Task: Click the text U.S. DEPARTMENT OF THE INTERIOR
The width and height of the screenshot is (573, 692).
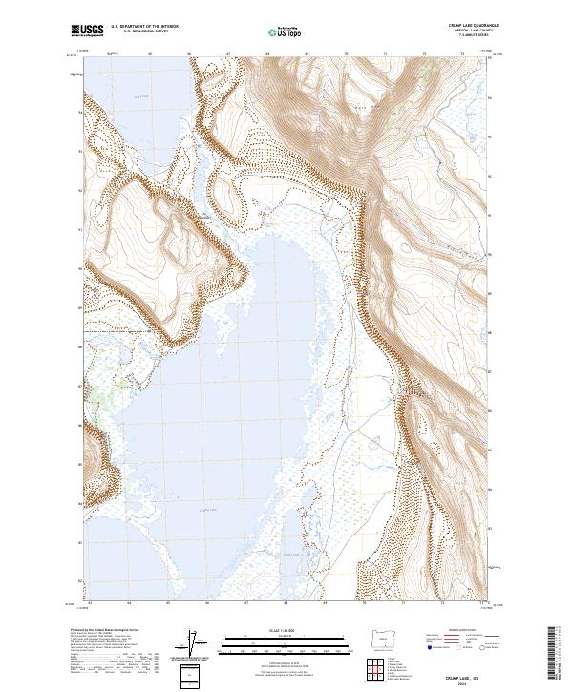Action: click(x=145, y=27)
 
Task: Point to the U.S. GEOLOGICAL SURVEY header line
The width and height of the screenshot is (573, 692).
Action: click(x=144, y=31)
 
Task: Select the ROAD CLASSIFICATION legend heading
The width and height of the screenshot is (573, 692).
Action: click(x=462, y=631)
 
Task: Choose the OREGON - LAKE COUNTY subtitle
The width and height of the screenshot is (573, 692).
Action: click(x=462, y=31)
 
